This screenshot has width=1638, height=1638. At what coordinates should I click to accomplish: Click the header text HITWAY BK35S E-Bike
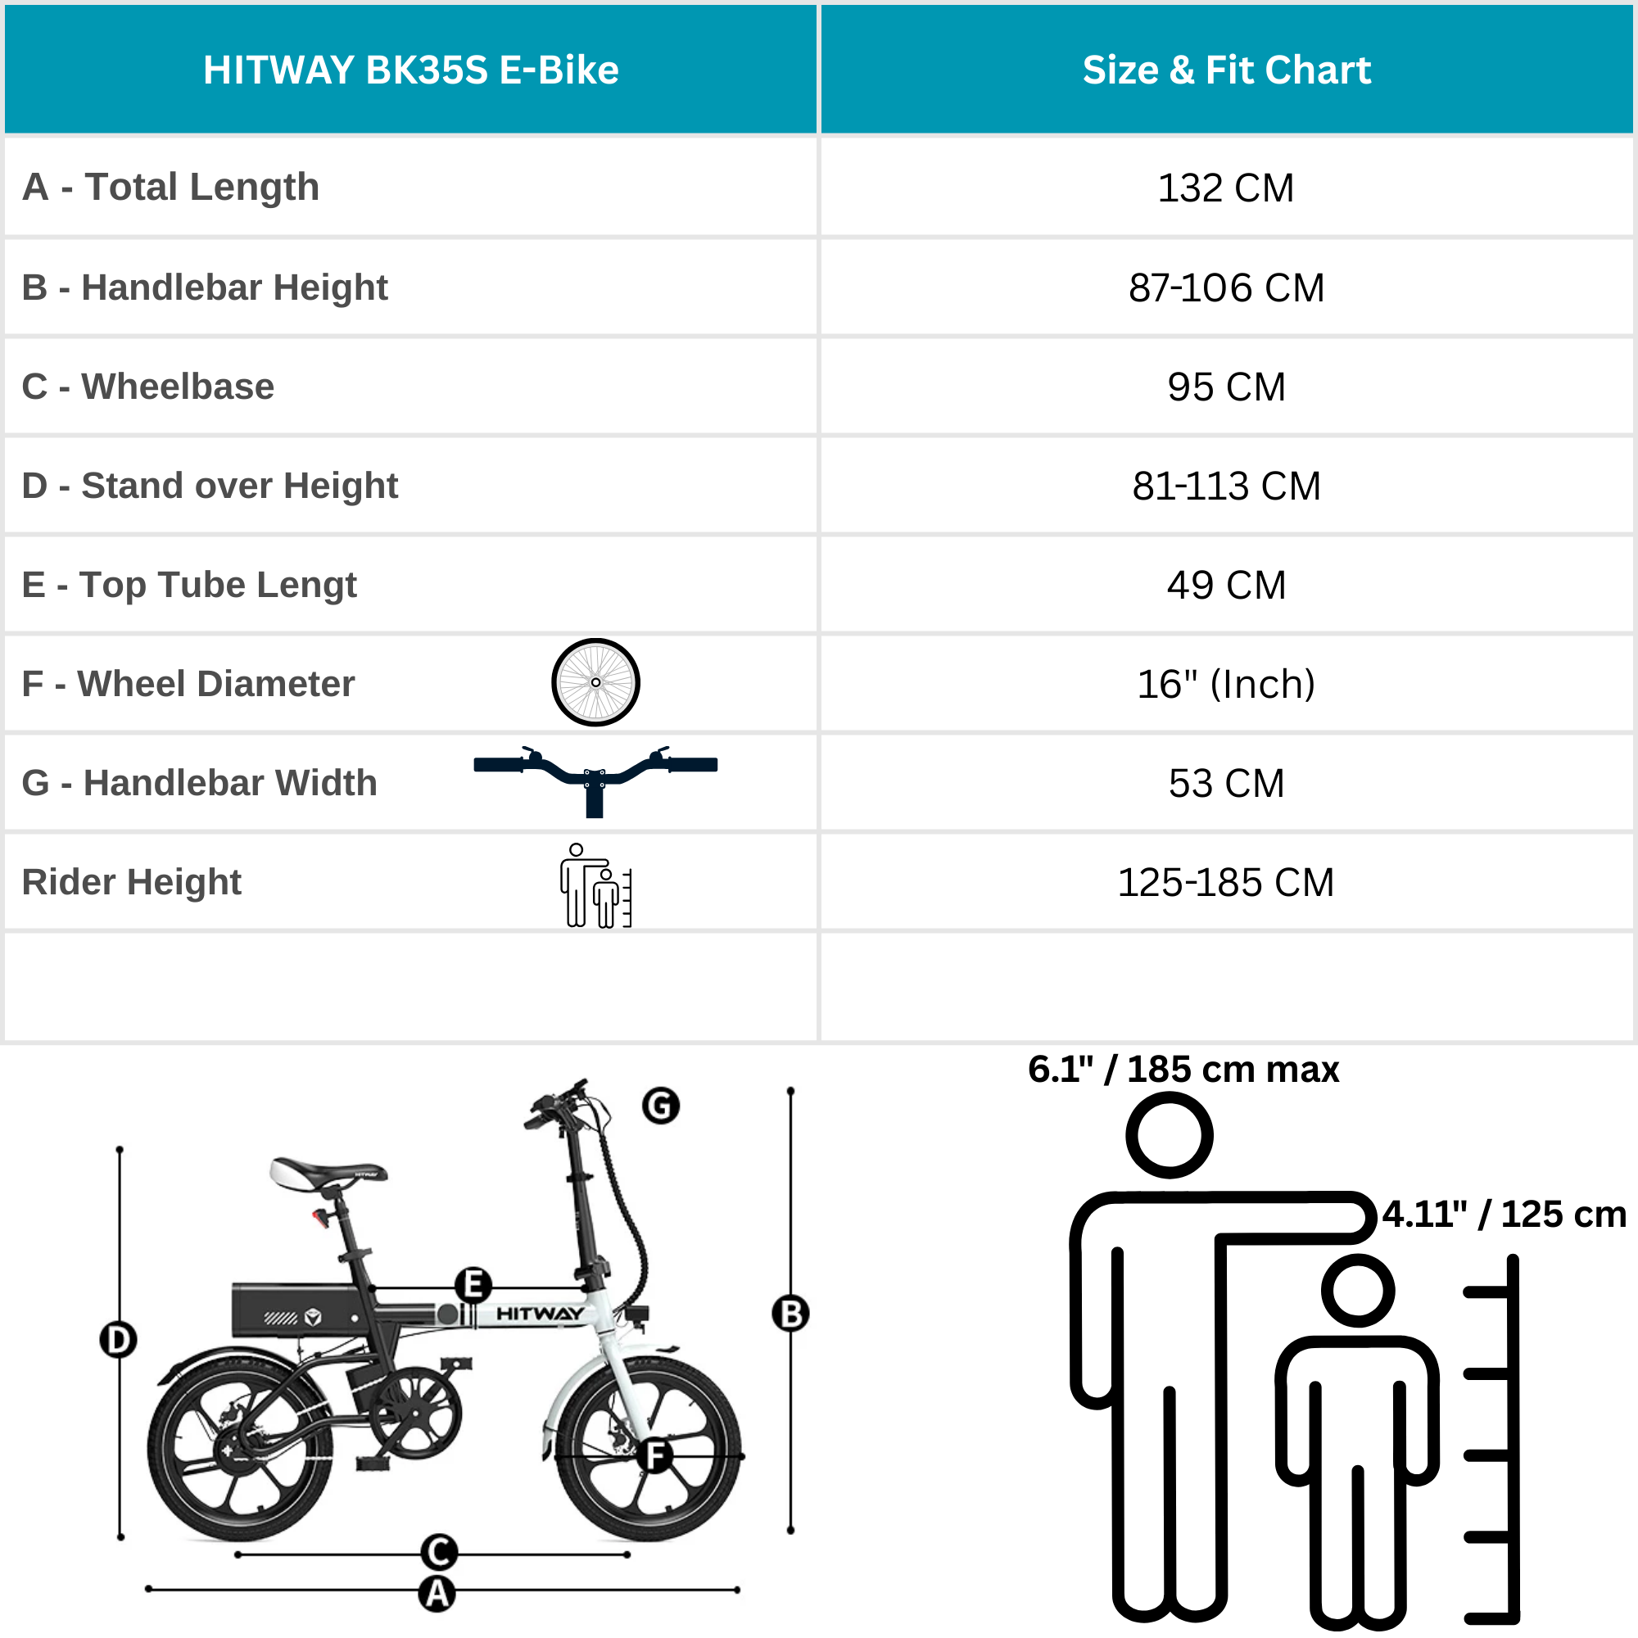point(410,70)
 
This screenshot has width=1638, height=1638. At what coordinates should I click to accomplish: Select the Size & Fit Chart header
point(1226,70)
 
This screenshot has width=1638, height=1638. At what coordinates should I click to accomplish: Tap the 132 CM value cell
point(1226,188)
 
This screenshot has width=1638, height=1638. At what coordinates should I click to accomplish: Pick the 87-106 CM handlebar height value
point(1226,287)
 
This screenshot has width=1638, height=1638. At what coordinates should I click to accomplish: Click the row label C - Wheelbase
point(148,387)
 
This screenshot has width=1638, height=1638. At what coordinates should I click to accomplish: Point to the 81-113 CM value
point(1226,486)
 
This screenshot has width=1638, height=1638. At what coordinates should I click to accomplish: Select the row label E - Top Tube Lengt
point(189,585)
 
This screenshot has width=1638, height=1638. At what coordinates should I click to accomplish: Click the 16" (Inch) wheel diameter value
point(1226,684)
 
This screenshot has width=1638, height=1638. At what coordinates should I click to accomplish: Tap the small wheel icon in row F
point(595,682)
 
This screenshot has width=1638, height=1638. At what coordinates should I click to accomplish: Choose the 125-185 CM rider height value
point(1226,883)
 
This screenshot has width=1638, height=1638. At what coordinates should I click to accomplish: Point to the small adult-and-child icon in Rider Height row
point(595,885)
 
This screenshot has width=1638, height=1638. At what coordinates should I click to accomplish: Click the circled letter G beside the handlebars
point(660,1106)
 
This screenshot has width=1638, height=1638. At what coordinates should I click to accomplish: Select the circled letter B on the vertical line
point(790,1314)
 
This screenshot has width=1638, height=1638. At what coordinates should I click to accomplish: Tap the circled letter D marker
point(118,1340)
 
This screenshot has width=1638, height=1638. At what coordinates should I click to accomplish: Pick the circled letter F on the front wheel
point(655,1456)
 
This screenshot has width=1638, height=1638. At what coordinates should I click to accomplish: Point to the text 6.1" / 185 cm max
point(1183,1070)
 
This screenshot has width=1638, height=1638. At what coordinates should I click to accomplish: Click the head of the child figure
point(1358,1292)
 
